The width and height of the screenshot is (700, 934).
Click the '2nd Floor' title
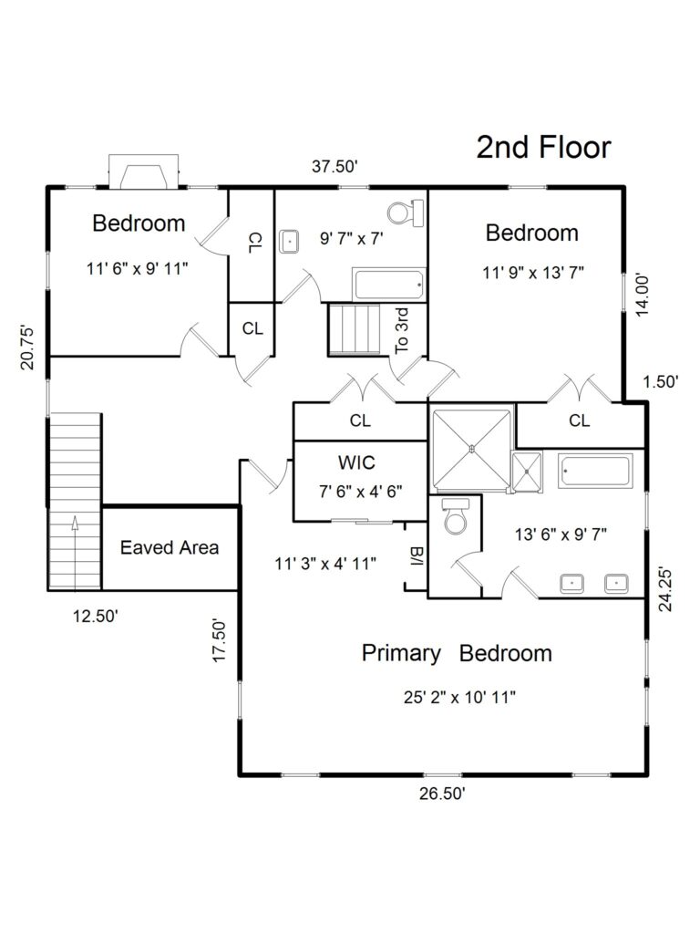543,147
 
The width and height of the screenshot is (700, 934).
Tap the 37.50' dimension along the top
335,166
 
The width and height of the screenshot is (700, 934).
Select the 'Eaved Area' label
170,547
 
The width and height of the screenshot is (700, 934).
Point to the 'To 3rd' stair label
402,329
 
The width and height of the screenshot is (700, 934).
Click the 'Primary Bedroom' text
457,653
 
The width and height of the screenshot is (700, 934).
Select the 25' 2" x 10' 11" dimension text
460,698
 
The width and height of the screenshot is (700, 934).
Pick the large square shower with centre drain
471,448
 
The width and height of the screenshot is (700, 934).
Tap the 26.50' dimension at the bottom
443,794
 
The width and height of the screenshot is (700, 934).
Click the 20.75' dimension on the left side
28,348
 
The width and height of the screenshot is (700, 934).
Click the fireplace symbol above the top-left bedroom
142,171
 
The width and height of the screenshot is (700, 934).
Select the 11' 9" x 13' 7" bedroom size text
533,271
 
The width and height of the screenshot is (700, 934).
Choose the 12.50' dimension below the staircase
96,617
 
